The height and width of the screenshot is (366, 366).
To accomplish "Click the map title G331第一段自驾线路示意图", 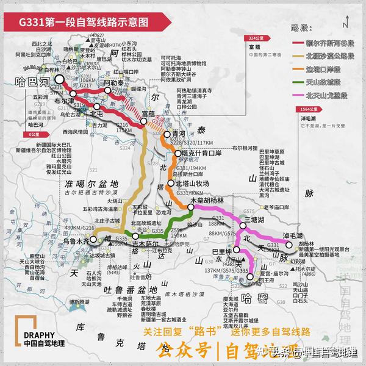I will (x=83, y=21).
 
